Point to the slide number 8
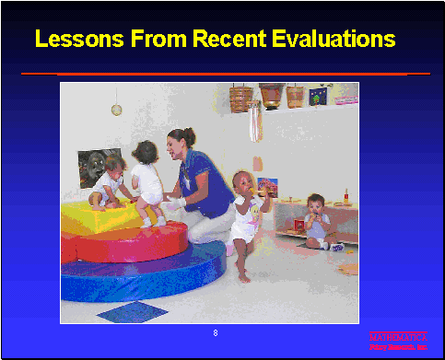point(216,331)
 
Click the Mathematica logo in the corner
point(398,342)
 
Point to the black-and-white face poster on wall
point(96,166)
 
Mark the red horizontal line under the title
point(225,73)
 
